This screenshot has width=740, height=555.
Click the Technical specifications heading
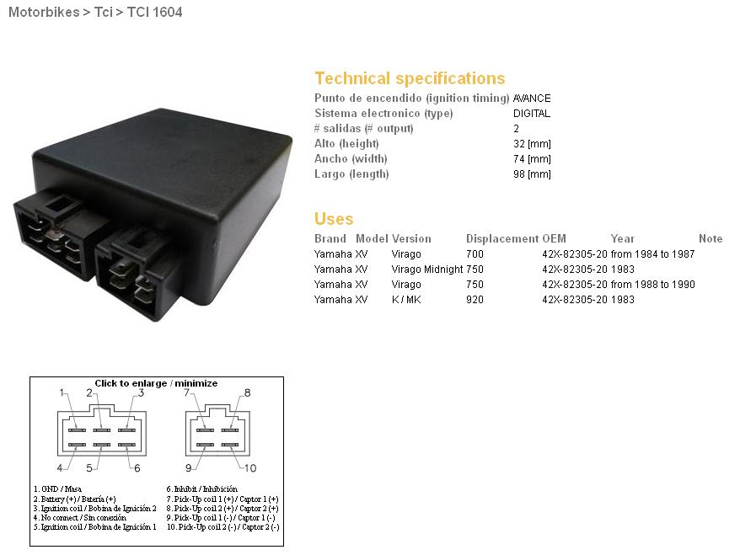coord(410,78)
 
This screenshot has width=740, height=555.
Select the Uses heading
coord(334,219)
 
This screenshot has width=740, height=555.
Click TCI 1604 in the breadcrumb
coord(155,12)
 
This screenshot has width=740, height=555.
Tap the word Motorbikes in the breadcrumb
coord(44,12)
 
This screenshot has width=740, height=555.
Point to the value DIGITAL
coord(532,114)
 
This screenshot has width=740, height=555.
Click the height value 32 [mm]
coord(533,144)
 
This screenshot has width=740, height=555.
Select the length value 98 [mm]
coord(533,174)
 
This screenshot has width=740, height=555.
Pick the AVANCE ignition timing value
coord(532,98)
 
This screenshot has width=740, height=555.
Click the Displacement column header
coord(502,238)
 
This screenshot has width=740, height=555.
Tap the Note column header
coord(711,238)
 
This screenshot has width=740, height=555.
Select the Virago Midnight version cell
coord(427,269)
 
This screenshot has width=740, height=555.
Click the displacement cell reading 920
coord(475,300)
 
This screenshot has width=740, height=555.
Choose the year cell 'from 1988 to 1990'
coord(652,285)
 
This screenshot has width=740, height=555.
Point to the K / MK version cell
coord(406,300)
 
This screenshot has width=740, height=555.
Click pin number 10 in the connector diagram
coord(250,467)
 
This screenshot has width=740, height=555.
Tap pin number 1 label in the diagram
coord(62,392)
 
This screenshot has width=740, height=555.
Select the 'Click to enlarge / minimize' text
coord(156,383)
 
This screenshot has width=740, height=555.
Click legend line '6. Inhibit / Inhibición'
coord(202,489)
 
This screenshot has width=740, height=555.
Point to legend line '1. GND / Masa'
coord(57,489)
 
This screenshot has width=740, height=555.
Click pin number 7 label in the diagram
coord(187,392)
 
